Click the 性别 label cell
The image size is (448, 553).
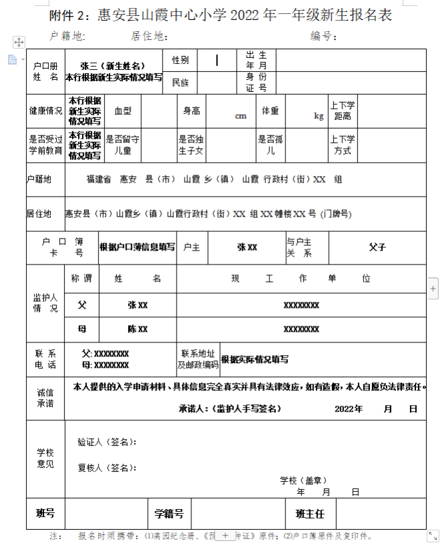180,60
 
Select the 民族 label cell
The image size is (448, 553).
180,83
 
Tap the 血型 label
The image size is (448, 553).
123,111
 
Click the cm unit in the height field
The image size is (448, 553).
241,115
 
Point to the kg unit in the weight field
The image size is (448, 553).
319,115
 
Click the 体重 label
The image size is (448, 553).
270,111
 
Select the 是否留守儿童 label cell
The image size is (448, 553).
123,145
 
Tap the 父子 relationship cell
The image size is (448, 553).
377,247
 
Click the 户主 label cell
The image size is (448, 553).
191,247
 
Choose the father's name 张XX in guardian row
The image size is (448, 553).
137,304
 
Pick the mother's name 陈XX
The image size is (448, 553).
137,329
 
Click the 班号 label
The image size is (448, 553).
45,513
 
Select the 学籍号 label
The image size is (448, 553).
169,514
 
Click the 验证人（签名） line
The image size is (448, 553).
107,442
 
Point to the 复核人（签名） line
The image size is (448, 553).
107,467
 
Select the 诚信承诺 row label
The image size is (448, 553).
45,398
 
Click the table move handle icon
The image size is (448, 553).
19,42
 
